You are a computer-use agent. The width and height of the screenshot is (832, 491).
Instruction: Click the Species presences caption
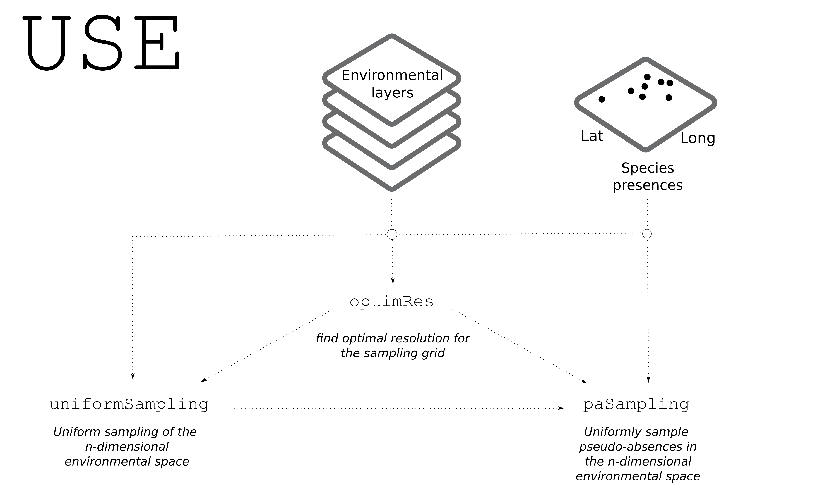648,176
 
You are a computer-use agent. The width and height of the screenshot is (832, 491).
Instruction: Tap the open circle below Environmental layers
392,234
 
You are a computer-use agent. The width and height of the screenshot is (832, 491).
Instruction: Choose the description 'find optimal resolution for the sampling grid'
393,346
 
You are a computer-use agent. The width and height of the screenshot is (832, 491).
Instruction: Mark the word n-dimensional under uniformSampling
127,447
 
